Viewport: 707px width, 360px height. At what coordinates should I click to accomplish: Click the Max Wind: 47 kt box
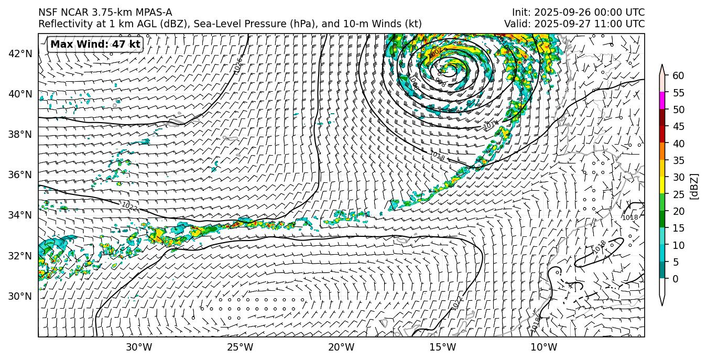(x=95, y=45)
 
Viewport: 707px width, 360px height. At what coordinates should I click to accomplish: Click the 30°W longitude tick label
(x=139, y=347)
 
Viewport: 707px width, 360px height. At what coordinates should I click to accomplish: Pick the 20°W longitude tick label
(x=341, y=347)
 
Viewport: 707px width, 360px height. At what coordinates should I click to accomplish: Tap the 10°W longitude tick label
(x=543, y=347)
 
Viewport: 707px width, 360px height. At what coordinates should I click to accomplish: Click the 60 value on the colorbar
(x=678, y=75)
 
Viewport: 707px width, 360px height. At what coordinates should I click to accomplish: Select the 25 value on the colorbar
(x=678, y=194)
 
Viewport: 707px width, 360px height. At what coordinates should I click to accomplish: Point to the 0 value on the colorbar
(x=676, y=279)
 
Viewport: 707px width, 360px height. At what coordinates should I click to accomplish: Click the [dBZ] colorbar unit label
(x=695, y=186)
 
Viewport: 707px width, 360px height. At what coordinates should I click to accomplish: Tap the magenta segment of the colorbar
(x=662, y=101)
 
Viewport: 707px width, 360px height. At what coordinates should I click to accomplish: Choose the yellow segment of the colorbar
(x=662, y=186)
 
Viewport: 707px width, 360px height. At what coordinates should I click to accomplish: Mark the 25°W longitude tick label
(x=240, y=347)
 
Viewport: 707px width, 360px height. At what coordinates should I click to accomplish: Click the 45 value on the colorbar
(x=678, y=126)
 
